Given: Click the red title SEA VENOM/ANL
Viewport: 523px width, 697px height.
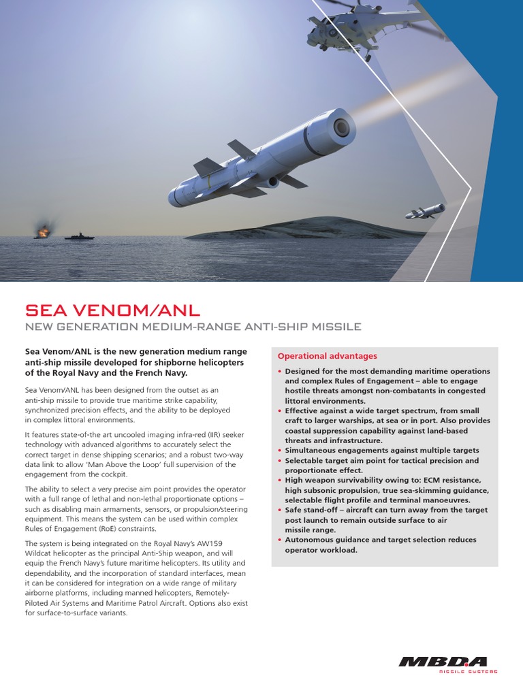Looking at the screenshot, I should click(x=112, y=311).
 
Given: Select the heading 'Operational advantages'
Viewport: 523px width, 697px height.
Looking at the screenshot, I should click(x=326, y=356).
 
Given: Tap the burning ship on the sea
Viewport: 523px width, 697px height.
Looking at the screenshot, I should click(x=44, y=233).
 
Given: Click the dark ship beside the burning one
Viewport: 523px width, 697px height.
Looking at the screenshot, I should click(x=79, y=236).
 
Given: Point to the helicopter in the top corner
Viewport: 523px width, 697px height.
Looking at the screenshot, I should click(x=354, y=27).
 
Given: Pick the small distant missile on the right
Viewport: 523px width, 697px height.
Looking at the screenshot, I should click(x=425, y=212).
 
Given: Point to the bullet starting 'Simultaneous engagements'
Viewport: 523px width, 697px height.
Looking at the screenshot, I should click(x=381, y=451).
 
